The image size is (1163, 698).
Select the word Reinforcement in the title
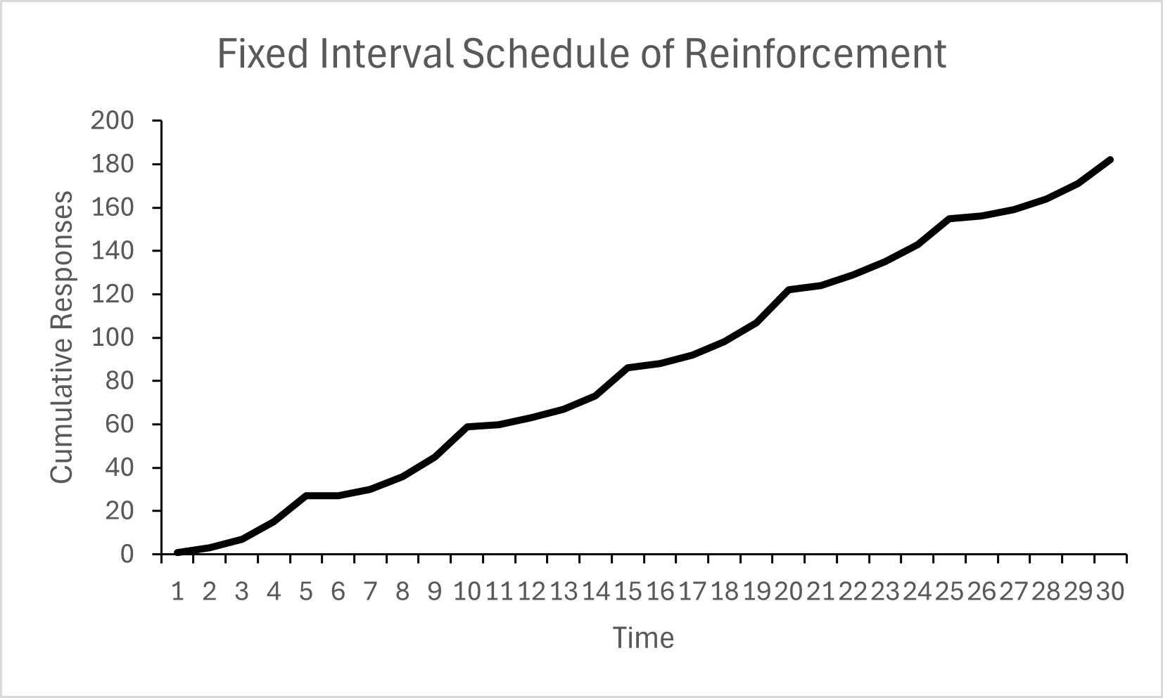click(x=815, y=54)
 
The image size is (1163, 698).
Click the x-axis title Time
click(x=643, y=638)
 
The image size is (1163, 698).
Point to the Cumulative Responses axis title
click(x=62, y=337)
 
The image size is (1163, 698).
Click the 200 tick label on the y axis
click(x=112, y=121)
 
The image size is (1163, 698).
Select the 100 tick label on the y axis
click(x=112, y=337)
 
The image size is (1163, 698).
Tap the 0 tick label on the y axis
click(x=126, y=555)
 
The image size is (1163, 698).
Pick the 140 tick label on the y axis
click(x=112, y=251)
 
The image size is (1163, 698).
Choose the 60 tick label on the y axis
click(x=119, y=425)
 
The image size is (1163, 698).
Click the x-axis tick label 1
click(x=177, y=593)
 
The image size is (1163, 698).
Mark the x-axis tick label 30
click(x=1110, y=593)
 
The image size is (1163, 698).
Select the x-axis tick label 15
click(x=628, y=593)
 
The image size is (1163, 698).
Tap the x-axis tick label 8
click(x=402, y=593)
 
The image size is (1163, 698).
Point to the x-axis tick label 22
click(x=853, y=593)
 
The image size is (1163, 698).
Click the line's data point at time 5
click(x=306, y=496)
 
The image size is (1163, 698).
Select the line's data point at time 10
click(x=467, y=427)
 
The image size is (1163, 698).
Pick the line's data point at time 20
click(x=789, y=290)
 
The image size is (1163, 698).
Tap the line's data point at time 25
click(x=950, y=219)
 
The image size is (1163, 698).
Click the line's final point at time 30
click(x=1110, y=160)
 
